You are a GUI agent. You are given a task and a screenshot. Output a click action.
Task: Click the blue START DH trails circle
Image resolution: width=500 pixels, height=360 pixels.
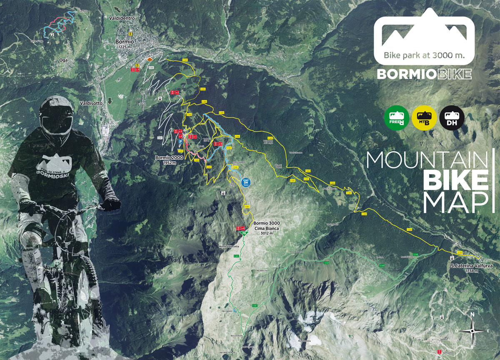point(245,182)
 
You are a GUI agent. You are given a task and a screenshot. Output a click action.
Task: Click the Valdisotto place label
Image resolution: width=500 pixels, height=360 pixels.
point(92,102)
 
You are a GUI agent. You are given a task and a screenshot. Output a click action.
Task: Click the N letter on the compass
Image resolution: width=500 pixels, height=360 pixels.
point(472,315)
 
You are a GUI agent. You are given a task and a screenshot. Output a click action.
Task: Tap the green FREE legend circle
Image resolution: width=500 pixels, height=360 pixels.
point(396,118)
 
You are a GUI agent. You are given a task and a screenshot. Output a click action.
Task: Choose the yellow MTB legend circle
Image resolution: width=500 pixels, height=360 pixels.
point(424,118)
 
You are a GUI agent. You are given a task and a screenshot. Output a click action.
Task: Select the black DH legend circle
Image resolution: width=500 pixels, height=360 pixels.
point(452,118)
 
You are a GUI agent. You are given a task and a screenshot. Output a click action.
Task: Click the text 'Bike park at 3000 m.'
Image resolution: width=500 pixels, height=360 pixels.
point(424,55)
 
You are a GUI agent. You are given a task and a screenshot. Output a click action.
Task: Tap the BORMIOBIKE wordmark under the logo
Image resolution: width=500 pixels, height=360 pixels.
point(424,74)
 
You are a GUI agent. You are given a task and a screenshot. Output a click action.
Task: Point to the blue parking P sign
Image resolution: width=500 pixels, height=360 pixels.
point(180,142)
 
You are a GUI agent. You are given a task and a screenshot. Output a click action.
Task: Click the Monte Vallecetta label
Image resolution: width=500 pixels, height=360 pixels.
point(229,247)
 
